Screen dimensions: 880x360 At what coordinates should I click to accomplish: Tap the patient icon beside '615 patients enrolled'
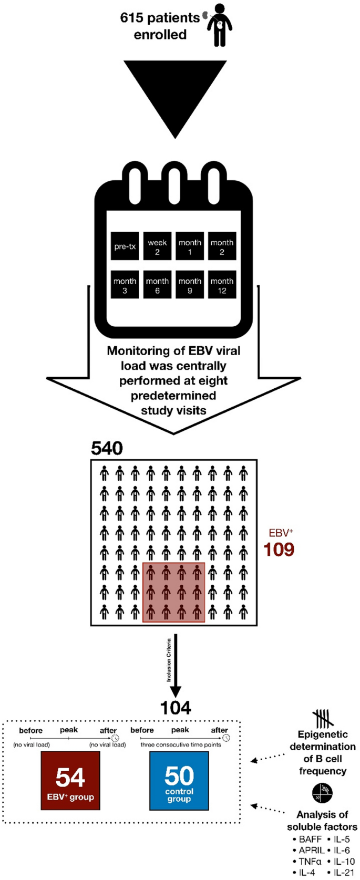219,25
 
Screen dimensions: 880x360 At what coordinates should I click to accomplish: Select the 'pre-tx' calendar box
125,246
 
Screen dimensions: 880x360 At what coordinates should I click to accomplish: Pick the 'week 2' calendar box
157,246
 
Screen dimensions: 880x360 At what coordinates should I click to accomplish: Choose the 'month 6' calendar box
157,285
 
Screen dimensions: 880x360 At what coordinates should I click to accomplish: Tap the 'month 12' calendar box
222,285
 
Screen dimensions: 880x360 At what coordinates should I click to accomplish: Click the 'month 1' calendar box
190,246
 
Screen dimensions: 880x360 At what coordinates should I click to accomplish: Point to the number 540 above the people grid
107,448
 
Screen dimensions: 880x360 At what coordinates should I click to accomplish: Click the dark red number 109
279,550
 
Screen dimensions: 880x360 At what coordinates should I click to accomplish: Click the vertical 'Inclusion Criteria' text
169,660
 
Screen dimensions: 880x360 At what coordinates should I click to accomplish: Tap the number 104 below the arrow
176,708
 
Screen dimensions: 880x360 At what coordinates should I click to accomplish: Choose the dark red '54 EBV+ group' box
70,780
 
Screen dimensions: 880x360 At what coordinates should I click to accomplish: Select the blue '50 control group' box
179,780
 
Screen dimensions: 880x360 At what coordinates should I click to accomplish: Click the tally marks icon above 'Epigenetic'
322,719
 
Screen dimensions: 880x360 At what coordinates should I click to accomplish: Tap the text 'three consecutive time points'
181,744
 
